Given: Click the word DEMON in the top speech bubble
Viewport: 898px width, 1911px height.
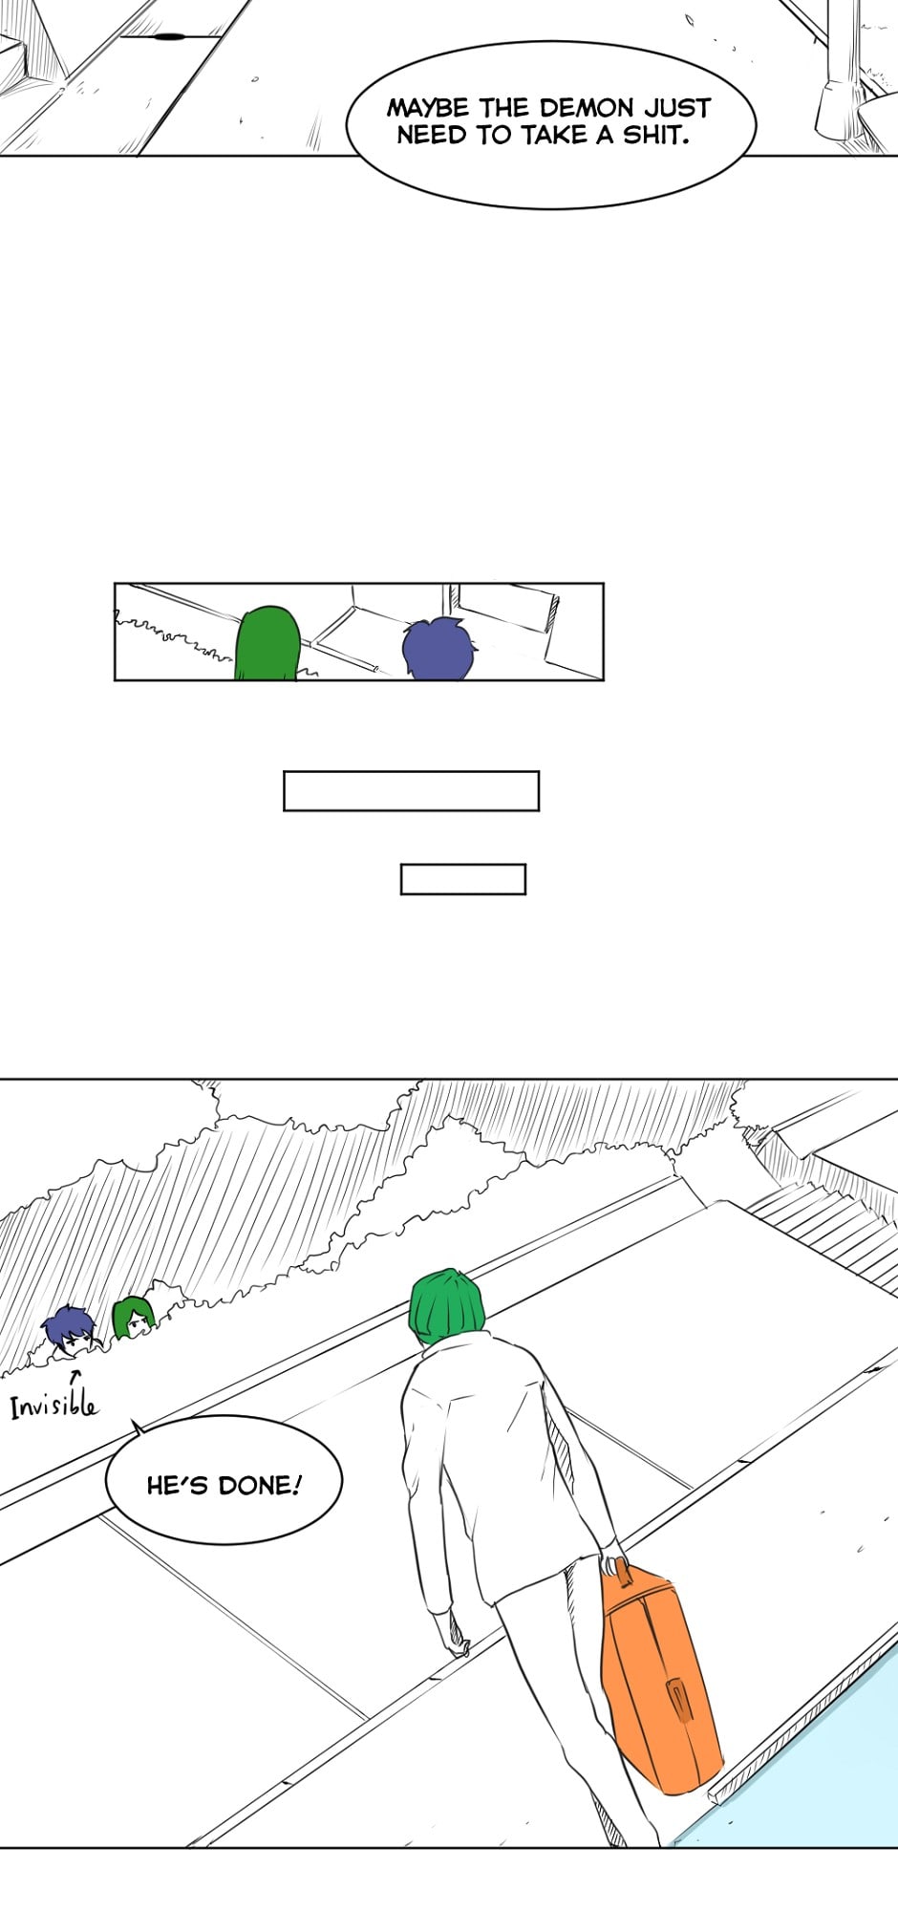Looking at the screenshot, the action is click(x=586, y=107).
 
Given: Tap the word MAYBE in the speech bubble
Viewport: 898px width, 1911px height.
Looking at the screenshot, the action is click(x=428, y=107).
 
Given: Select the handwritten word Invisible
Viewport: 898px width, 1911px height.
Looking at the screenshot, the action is click(x=53, y=1404).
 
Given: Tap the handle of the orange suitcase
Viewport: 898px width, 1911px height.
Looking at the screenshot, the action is click(x=618, y=1568).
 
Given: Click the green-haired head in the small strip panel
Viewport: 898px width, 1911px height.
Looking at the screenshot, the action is click(x=267, y=642).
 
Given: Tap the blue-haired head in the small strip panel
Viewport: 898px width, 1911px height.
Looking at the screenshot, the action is click(x=439, y=649).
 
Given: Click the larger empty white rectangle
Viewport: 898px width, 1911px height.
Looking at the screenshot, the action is click(x=411, y=791).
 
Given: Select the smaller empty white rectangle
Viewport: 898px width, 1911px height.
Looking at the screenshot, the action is click(x=462, y=879).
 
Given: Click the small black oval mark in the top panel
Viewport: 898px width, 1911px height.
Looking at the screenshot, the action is click(x=169, y=37).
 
